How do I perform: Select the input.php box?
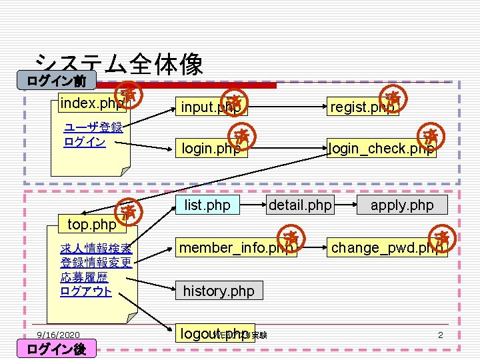tap(210, 107)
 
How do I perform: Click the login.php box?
tap(211, 148)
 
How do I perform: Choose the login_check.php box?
tap(381, 148)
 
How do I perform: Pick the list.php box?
tap(207, 205)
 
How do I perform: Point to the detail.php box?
tap(300, 205)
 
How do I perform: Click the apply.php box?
tap(401, 205)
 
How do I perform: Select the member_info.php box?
tap(236, 247)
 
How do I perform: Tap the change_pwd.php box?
tap(387, 247)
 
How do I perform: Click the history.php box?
tap(219, 291)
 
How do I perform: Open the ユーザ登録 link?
tap(93, 127)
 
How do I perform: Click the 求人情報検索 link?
tap(96, 249)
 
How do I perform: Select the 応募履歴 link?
tap(84, 277)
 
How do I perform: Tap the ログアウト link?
tap(86, 291)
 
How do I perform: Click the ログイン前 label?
tap(56, 81)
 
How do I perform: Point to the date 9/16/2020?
tap(58, 335)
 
